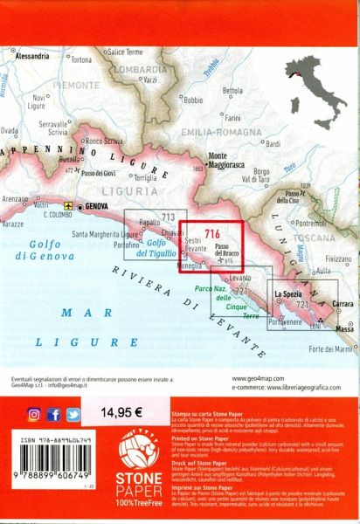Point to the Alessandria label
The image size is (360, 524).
32,55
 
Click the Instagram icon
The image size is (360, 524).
34,414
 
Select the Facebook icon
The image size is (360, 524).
54,414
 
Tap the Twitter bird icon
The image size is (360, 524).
73,414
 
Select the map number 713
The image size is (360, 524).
169,217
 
